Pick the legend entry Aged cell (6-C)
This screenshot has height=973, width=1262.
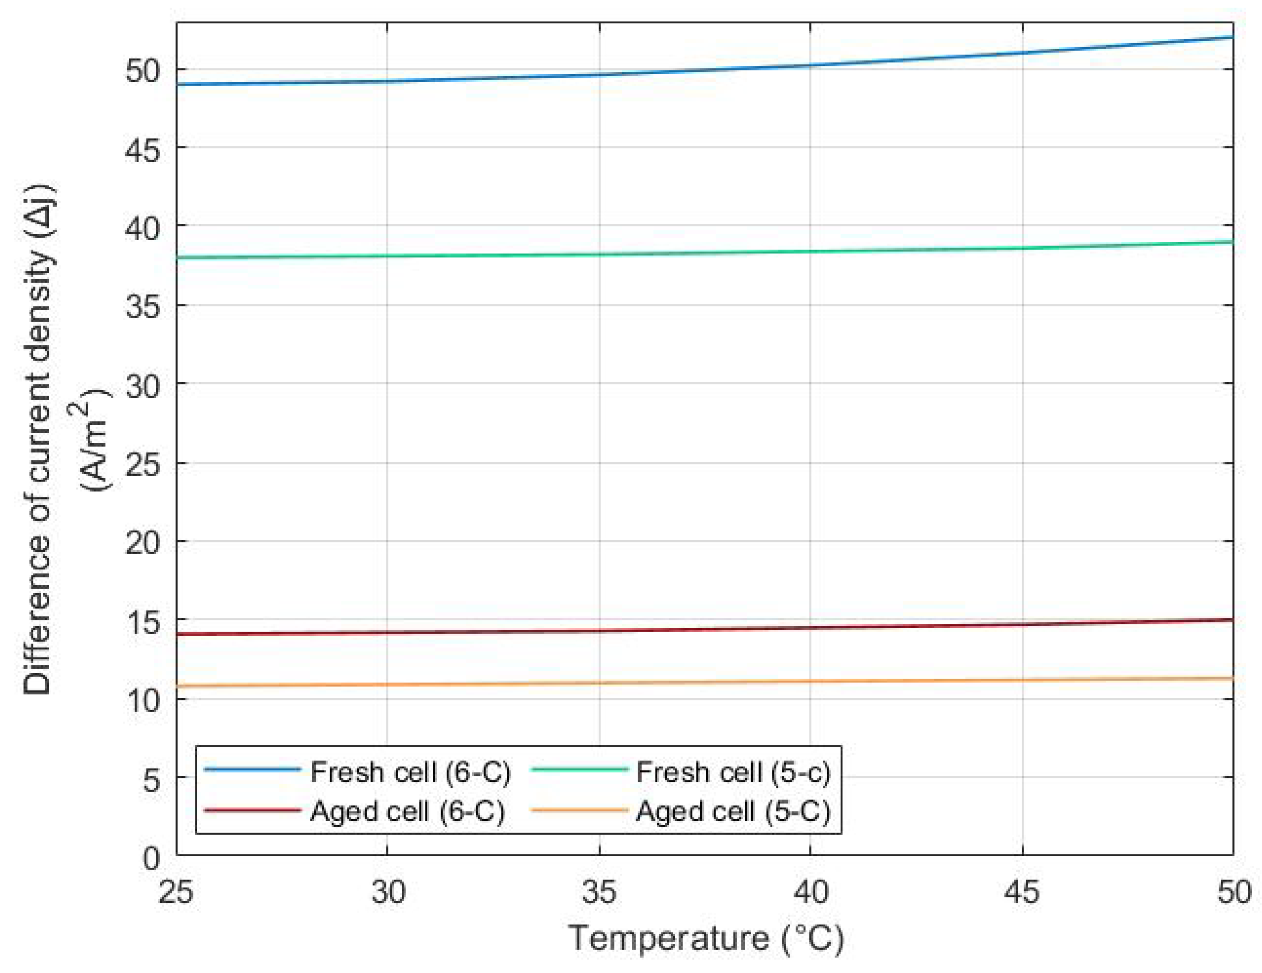407,812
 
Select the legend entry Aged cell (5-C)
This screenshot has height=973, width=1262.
733,812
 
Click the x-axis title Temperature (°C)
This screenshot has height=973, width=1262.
706,938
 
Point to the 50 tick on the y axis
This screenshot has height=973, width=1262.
142,70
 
